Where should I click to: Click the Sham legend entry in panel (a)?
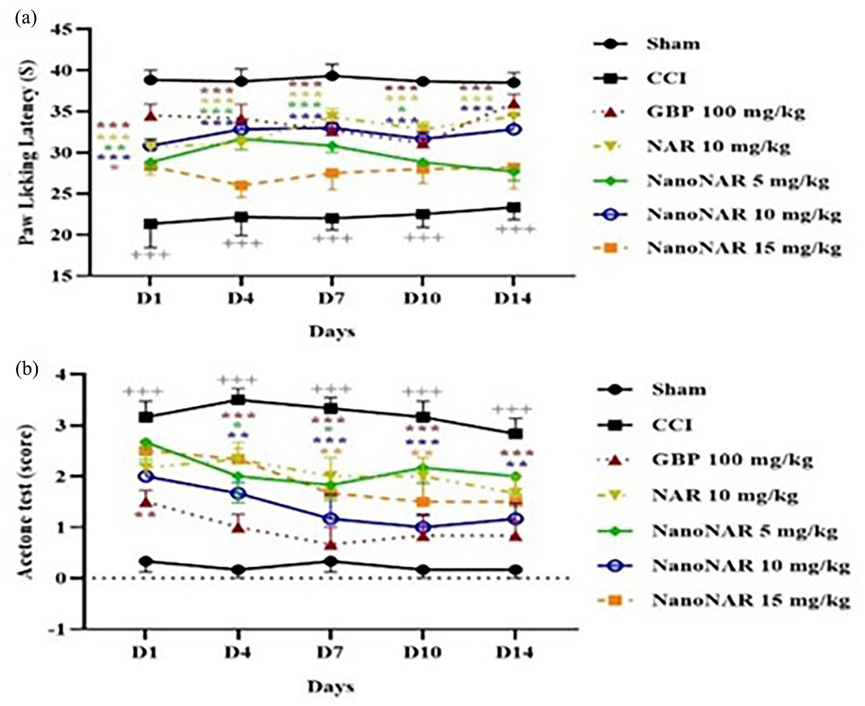pos(673,44)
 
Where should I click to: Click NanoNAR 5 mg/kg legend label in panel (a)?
pos(738,180)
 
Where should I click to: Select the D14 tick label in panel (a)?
pos(512,298)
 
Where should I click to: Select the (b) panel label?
pos(27,369)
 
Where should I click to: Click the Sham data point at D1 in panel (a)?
pos(151,80)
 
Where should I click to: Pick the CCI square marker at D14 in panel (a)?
pos(514,208)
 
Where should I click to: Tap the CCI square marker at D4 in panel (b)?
pos(238,400)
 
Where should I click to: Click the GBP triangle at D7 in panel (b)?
pos(332,545)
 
